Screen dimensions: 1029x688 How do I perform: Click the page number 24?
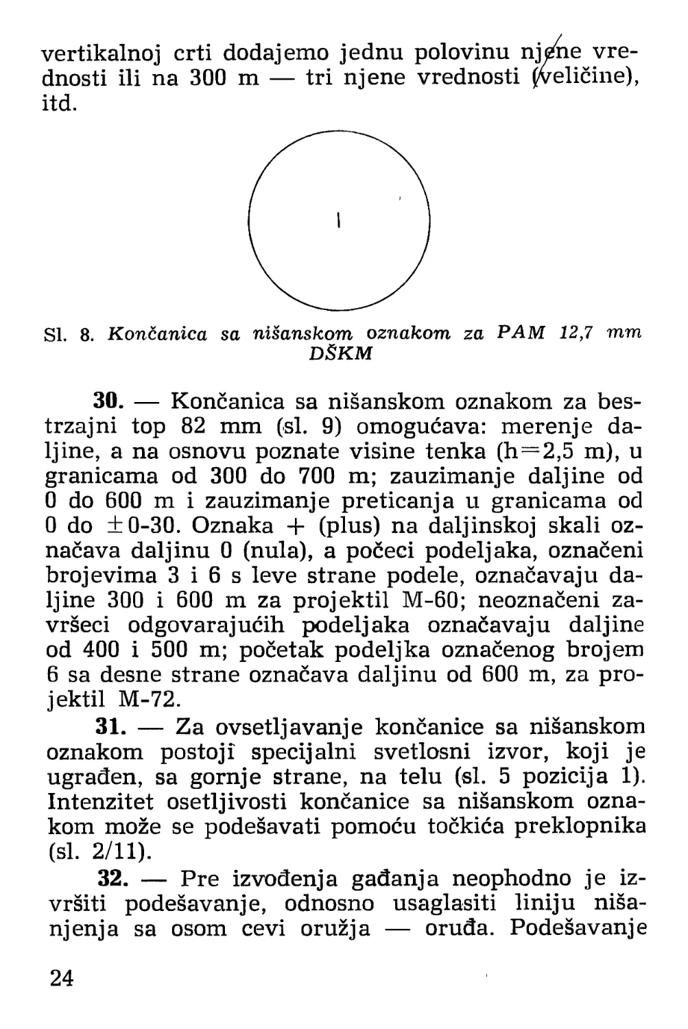click(61, 978)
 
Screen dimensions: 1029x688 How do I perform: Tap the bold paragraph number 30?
click(107, 401)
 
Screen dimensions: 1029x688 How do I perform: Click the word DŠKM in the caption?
click(342, 354)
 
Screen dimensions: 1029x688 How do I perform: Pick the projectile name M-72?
click(149, 700)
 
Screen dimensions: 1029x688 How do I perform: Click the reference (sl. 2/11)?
click(99, 853)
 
